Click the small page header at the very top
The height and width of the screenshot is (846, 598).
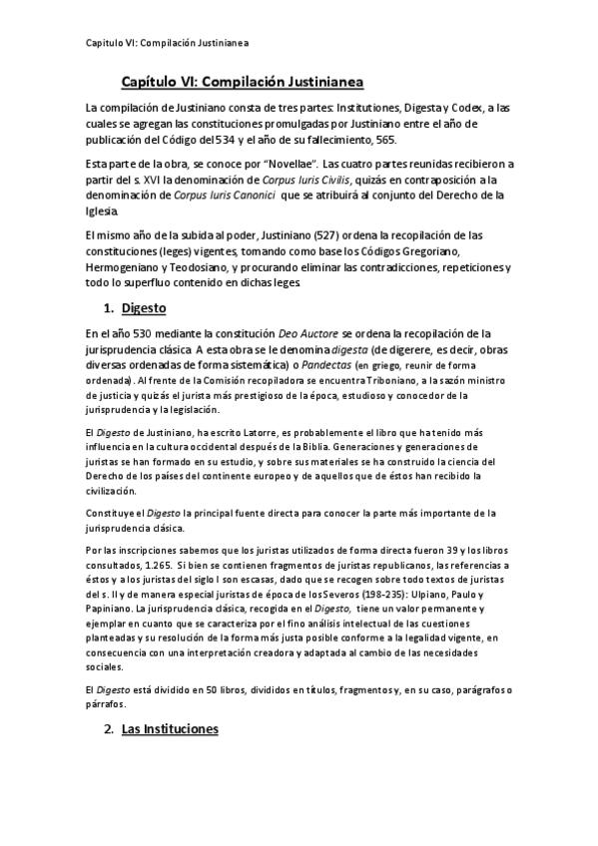pos(166,44)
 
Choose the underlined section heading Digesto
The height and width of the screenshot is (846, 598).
pos(143,309)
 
